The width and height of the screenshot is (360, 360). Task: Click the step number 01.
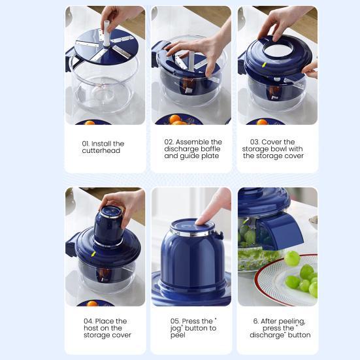point(86,144)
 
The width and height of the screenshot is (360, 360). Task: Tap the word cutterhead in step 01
point(101,151)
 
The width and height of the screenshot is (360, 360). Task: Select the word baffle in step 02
point(209,149)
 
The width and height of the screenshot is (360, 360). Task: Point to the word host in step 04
point(91,328)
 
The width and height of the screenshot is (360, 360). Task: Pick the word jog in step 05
point(176,329)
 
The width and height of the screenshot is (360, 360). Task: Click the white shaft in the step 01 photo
point(106,33)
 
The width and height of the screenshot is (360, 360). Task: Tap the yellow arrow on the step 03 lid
point(265,65)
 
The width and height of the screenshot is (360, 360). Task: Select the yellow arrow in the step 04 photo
point(93,254)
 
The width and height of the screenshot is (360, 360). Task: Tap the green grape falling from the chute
point(292,258)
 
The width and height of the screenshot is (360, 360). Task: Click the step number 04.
point(88,321)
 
